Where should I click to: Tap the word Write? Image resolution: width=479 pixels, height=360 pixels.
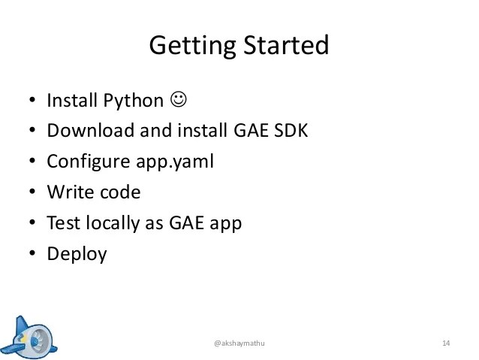click(x=68, y=192)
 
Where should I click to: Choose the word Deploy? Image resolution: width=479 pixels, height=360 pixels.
click(x=77, y=254)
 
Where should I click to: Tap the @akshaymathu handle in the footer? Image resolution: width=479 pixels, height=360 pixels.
click(x=239, y=343)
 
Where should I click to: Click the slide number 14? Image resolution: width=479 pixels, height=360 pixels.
click(x=445, y=343)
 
